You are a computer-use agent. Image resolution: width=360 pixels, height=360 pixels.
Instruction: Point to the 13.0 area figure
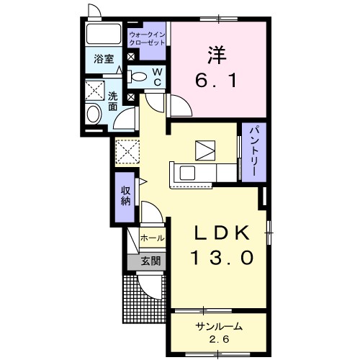tap(223, 257)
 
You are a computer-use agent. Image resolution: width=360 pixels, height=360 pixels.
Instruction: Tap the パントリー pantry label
tap(256, 152)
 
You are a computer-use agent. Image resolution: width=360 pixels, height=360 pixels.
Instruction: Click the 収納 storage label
tap(126, 195)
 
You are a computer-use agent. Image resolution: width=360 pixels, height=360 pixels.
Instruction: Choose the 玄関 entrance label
tap(150, 261)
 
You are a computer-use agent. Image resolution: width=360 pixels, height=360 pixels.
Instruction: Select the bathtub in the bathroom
tap(104, 34)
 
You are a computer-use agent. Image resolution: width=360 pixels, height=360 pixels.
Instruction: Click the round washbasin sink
tap(93, 114)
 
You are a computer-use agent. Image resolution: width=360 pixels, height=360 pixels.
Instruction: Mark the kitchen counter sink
tap(186, 173)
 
